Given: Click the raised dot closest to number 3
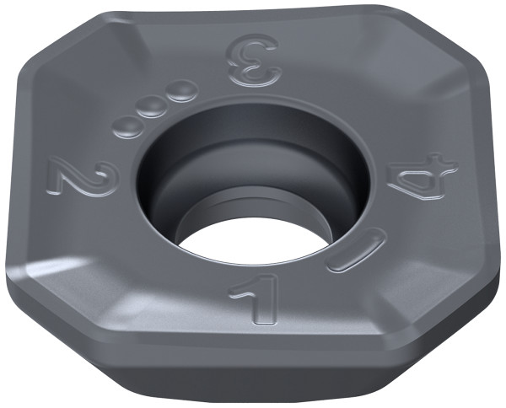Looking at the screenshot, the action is click(x=182, y=91).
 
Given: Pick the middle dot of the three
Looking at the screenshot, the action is click(x=151, y=108).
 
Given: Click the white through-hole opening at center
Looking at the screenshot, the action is click(x=253, y=241).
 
